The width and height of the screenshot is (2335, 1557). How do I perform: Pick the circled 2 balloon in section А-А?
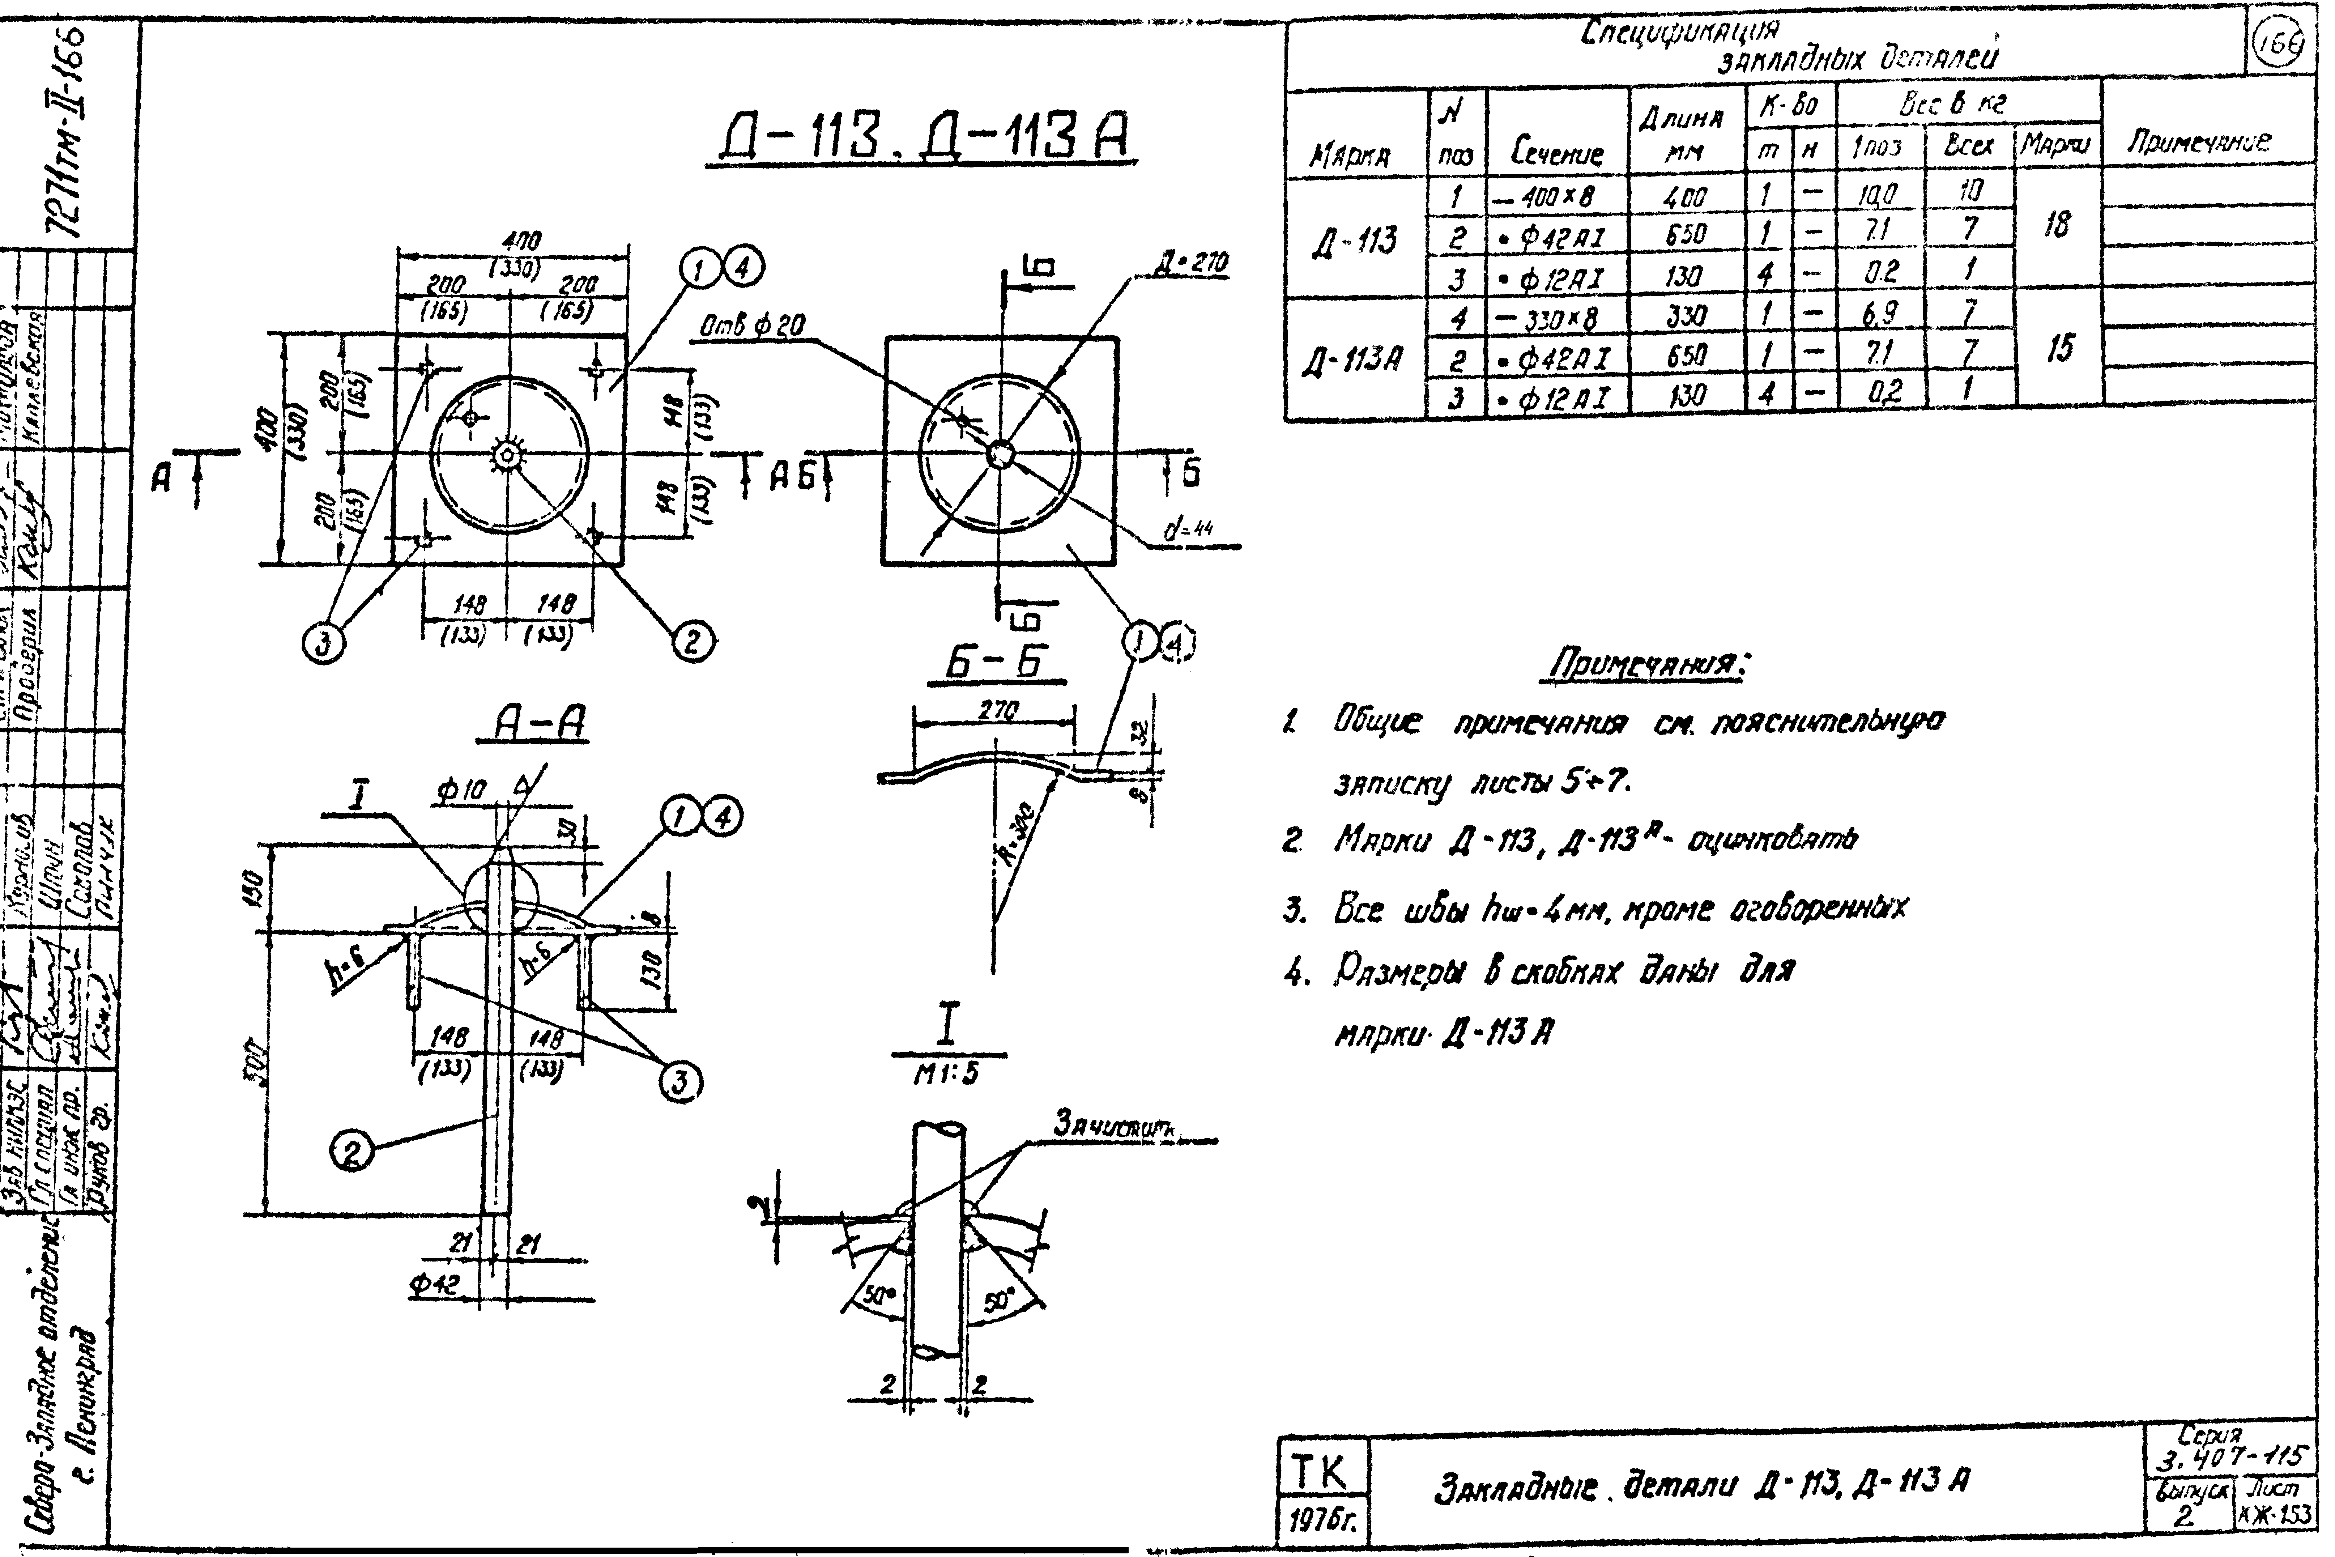[351, 1152]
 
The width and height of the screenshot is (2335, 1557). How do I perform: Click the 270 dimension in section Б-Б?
[996, 711]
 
